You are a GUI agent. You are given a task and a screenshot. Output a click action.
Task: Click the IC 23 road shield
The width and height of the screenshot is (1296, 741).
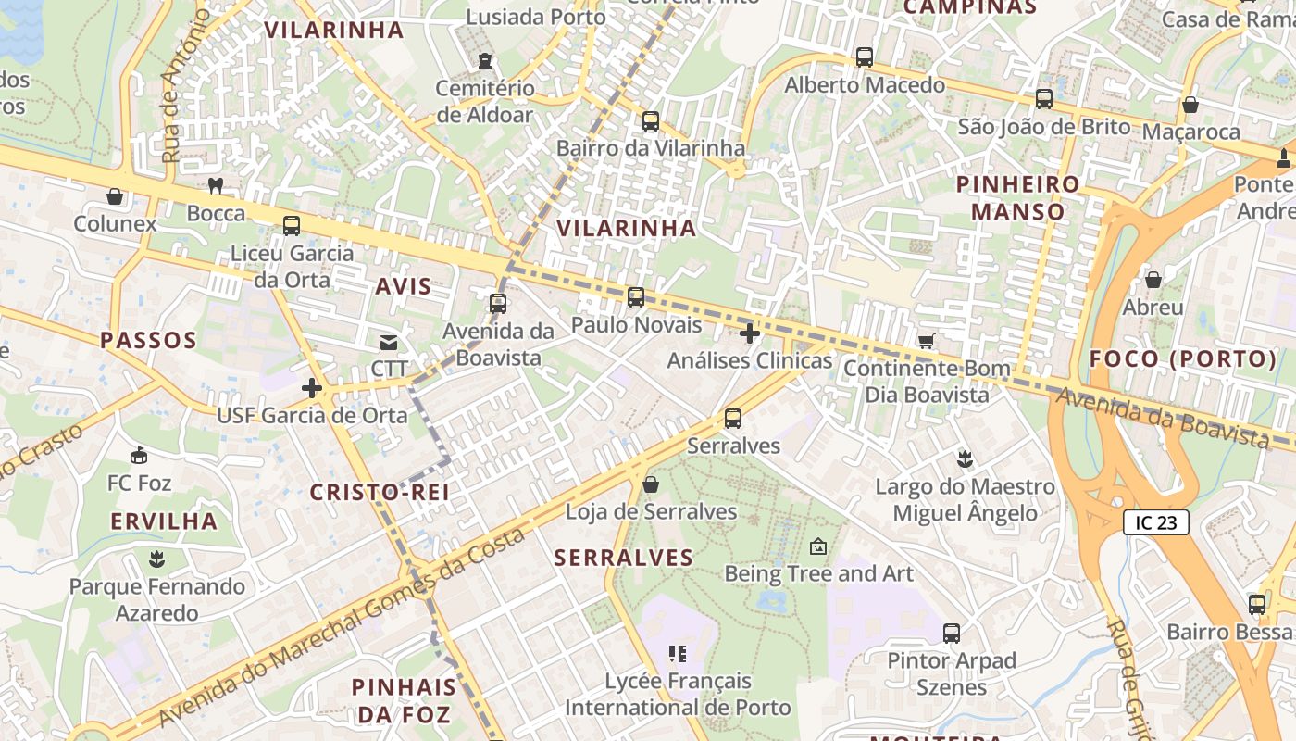(x=1155, y=522)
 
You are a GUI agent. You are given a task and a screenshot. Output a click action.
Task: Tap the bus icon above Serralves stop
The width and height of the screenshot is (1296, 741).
(x=733, y=419)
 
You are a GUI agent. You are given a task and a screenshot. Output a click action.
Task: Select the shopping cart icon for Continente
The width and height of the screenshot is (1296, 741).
(x=926, y=341)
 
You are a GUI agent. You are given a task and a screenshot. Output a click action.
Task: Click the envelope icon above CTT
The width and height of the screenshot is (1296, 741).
(x=389, y=343)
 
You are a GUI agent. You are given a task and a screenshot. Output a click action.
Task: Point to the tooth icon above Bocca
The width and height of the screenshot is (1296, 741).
(x=216, y=185)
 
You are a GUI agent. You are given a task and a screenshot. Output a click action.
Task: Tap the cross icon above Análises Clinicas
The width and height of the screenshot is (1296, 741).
(x=750, y=333)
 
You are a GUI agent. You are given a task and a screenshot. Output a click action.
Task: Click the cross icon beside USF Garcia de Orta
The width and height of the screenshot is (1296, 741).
(x=312, y=388)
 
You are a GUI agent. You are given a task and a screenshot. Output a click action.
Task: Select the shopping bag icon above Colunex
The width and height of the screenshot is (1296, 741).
(x=115, y=196)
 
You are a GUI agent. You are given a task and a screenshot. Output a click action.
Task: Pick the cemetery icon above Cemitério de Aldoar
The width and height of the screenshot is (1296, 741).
(x=485, y=62)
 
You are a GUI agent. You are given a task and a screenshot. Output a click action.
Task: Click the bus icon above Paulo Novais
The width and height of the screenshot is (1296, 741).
(x=635, y=297)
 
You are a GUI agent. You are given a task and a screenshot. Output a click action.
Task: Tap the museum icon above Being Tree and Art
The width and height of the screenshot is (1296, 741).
(x=817, y=546)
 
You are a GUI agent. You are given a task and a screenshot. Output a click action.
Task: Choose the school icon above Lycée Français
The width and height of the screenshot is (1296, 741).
(x=678, y=654)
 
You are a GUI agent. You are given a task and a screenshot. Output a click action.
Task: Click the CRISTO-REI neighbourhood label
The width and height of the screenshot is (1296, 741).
(x=380, y=493)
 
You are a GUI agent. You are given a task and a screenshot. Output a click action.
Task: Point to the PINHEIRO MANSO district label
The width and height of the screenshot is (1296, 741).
(x=1017, y=197)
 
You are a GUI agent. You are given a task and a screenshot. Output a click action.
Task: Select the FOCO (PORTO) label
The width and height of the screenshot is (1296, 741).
(x=1182, y=359)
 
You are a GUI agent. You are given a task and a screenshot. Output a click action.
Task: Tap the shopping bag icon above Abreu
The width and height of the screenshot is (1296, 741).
(x=1153, y=280)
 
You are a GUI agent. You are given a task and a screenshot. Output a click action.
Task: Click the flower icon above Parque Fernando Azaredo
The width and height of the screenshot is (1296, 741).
(x=156, y=559)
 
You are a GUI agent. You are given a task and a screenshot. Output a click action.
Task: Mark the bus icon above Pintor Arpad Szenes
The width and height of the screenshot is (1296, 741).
(x=952, y=634)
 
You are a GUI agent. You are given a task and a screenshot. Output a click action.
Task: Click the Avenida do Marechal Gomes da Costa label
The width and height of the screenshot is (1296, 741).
(x=343, y=626)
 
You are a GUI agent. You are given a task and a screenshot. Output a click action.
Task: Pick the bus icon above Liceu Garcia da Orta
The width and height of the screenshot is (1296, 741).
(x=292, y=226)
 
